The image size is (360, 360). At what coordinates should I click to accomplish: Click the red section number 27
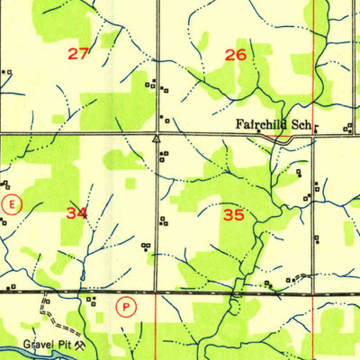coord(78,54)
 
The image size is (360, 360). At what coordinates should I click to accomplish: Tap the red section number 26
coord(235,55)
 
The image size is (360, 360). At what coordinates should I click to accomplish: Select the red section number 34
coord(76,213)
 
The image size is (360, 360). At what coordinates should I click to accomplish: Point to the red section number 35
coord(234,215)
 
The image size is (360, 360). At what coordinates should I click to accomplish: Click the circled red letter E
coord(11,204)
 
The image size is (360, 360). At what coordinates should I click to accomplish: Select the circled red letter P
coord(128,307)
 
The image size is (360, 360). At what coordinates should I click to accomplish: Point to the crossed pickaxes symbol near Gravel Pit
coord(80,343)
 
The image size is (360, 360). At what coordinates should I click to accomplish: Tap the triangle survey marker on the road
coord(157,139)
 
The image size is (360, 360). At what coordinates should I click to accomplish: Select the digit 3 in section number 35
coord(228,215)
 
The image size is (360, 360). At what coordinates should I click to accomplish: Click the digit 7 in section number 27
coord(85,54)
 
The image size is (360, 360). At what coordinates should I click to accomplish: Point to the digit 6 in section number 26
coord(241,55)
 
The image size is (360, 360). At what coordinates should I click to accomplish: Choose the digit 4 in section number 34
coord(83,213)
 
